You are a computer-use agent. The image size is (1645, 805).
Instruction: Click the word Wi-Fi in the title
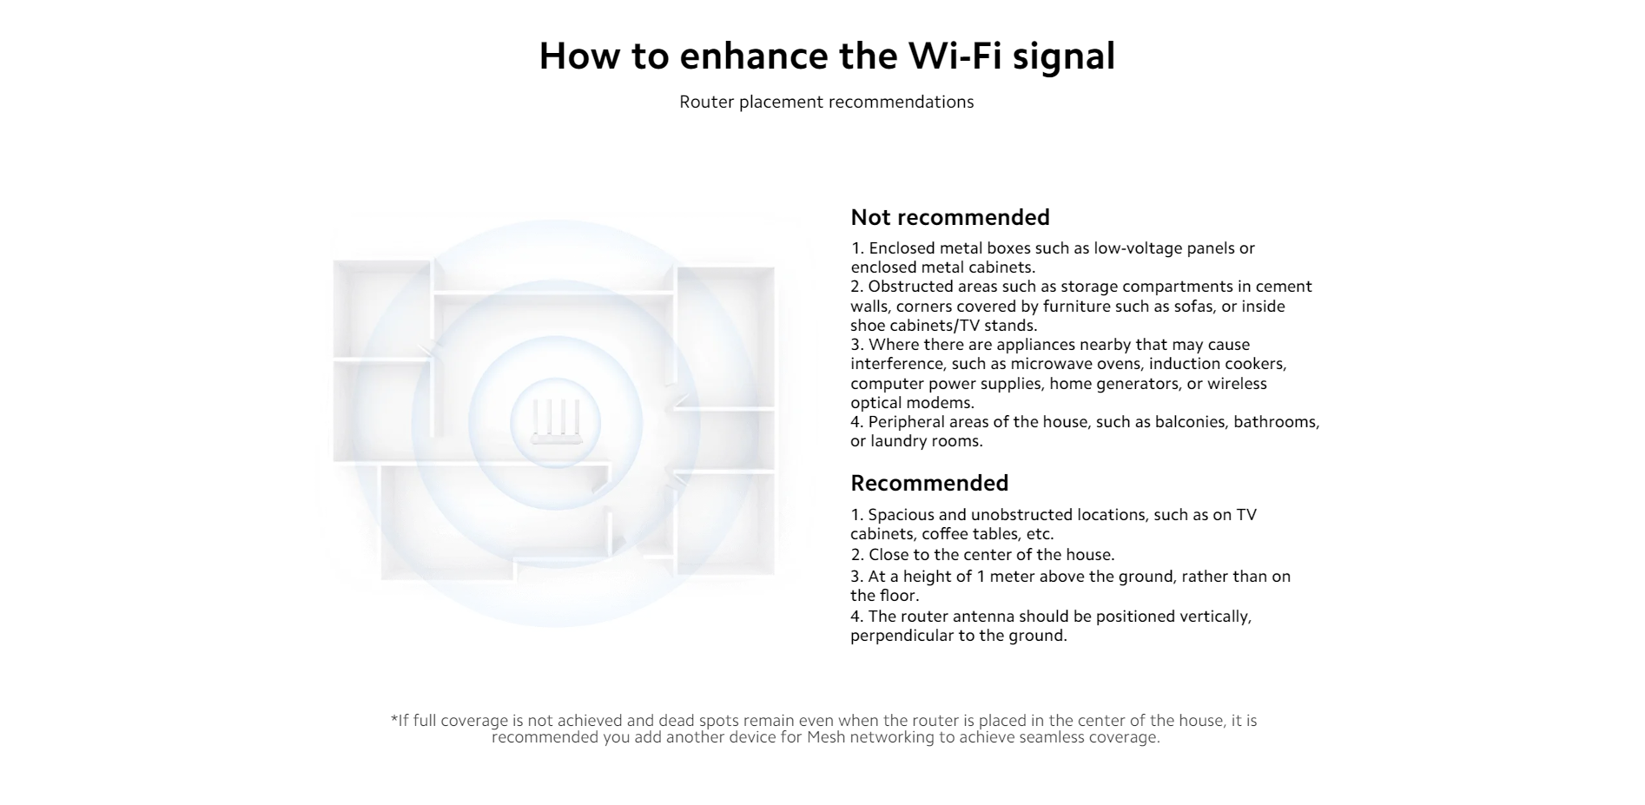(955, 56)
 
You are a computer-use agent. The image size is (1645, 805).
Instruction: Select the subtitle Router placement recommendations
(827, 102)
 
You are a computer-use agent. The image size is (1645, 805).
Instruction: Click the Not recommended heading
(950, 217)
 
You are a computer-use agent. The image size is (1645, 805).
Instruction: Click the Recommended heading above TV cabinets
(929, 483)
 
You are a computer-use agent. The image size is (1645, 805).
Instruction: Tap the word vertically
(1215, 617)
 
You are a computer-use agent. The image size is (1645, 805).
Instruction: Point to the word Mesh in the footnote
(826, 737)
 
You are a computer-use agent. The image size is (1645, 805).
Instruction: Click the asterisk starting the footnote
(394, 719)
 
